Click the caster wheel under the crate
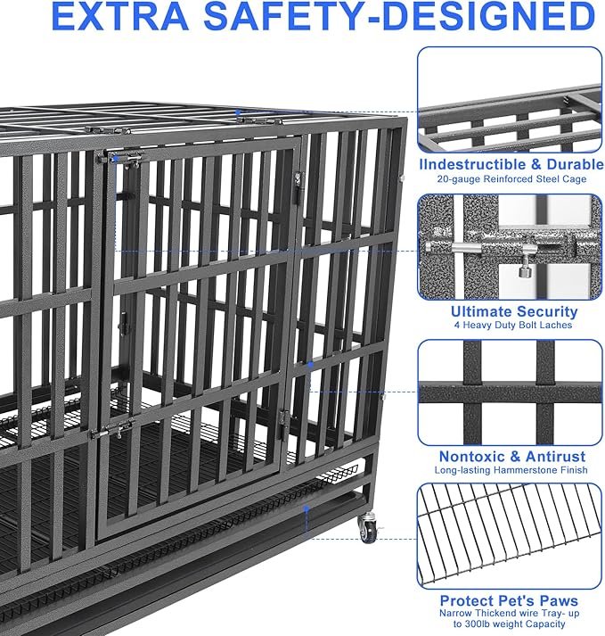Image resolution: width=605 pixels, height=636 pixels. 367,533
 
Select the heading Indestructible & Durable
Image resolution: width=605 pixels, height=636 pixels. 510,164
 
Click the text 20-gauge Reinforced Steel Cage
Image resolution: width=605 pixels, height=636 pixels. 510,179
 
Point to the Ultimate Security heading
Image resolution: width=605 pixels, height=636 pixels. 514,311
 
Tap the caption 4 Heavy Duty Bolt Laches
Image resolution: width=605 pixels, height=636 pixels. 514,326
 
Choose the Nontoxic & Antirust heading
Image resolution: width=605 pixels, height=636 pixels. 510,456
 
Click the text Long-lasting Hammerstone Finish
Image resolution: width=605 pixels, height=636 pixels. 510,470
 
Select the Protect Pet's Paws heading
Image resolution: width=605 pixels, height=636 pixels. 510,600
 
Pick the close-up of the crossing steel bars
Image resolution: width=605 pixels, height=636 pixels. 510,391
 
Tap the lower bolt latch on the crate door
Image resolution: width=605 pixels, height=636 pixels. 111,431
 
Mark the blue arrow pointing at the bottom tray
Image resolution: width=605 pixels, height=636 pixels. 306,510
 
